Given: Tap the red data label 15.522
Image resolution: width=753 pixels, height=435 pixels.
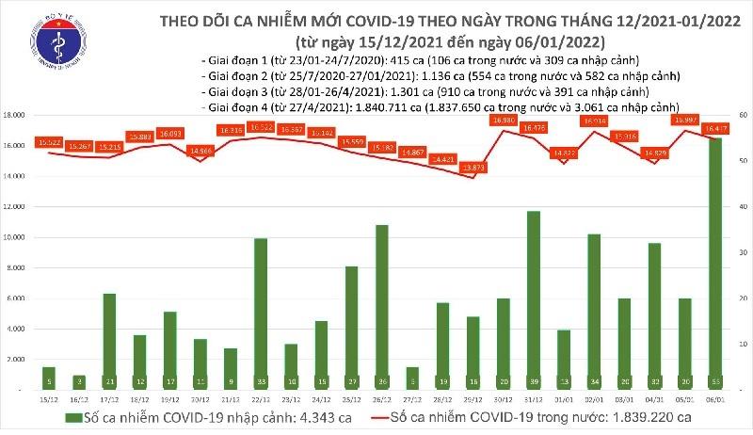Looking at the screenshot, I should pos(49,141).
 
